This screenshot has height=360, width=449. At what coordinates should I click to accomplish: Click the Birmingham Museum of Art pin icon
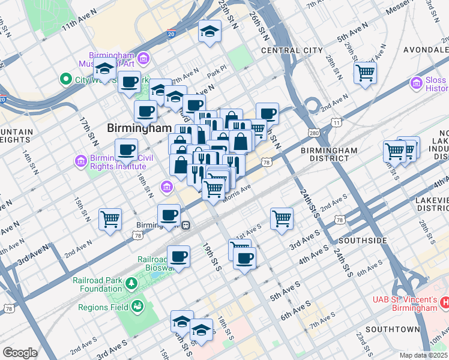click(x=143, y=58)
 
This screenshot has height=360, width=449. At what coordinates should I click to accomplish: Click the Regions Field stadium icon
click(x=138, y=307)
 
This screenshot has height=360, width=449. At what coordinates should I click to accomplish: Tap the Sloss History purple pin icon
click(x=416, y=82)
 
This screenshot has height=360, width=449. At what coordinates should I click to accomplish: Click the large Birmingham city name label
click(x=139, y=128)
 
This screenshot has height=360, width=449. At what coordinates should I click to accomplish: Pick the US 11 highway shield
click(x=336, y=122)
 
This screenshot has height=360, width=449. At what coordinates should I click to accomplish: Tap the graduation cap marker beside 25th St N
click(x=210, y=32)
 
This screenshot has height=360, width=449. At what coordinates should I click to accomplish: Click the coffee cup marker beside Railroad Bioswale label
click(x=178, y=257)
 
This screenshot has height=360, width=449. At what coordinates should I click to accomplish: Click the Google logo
click(x=20, y=353)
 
